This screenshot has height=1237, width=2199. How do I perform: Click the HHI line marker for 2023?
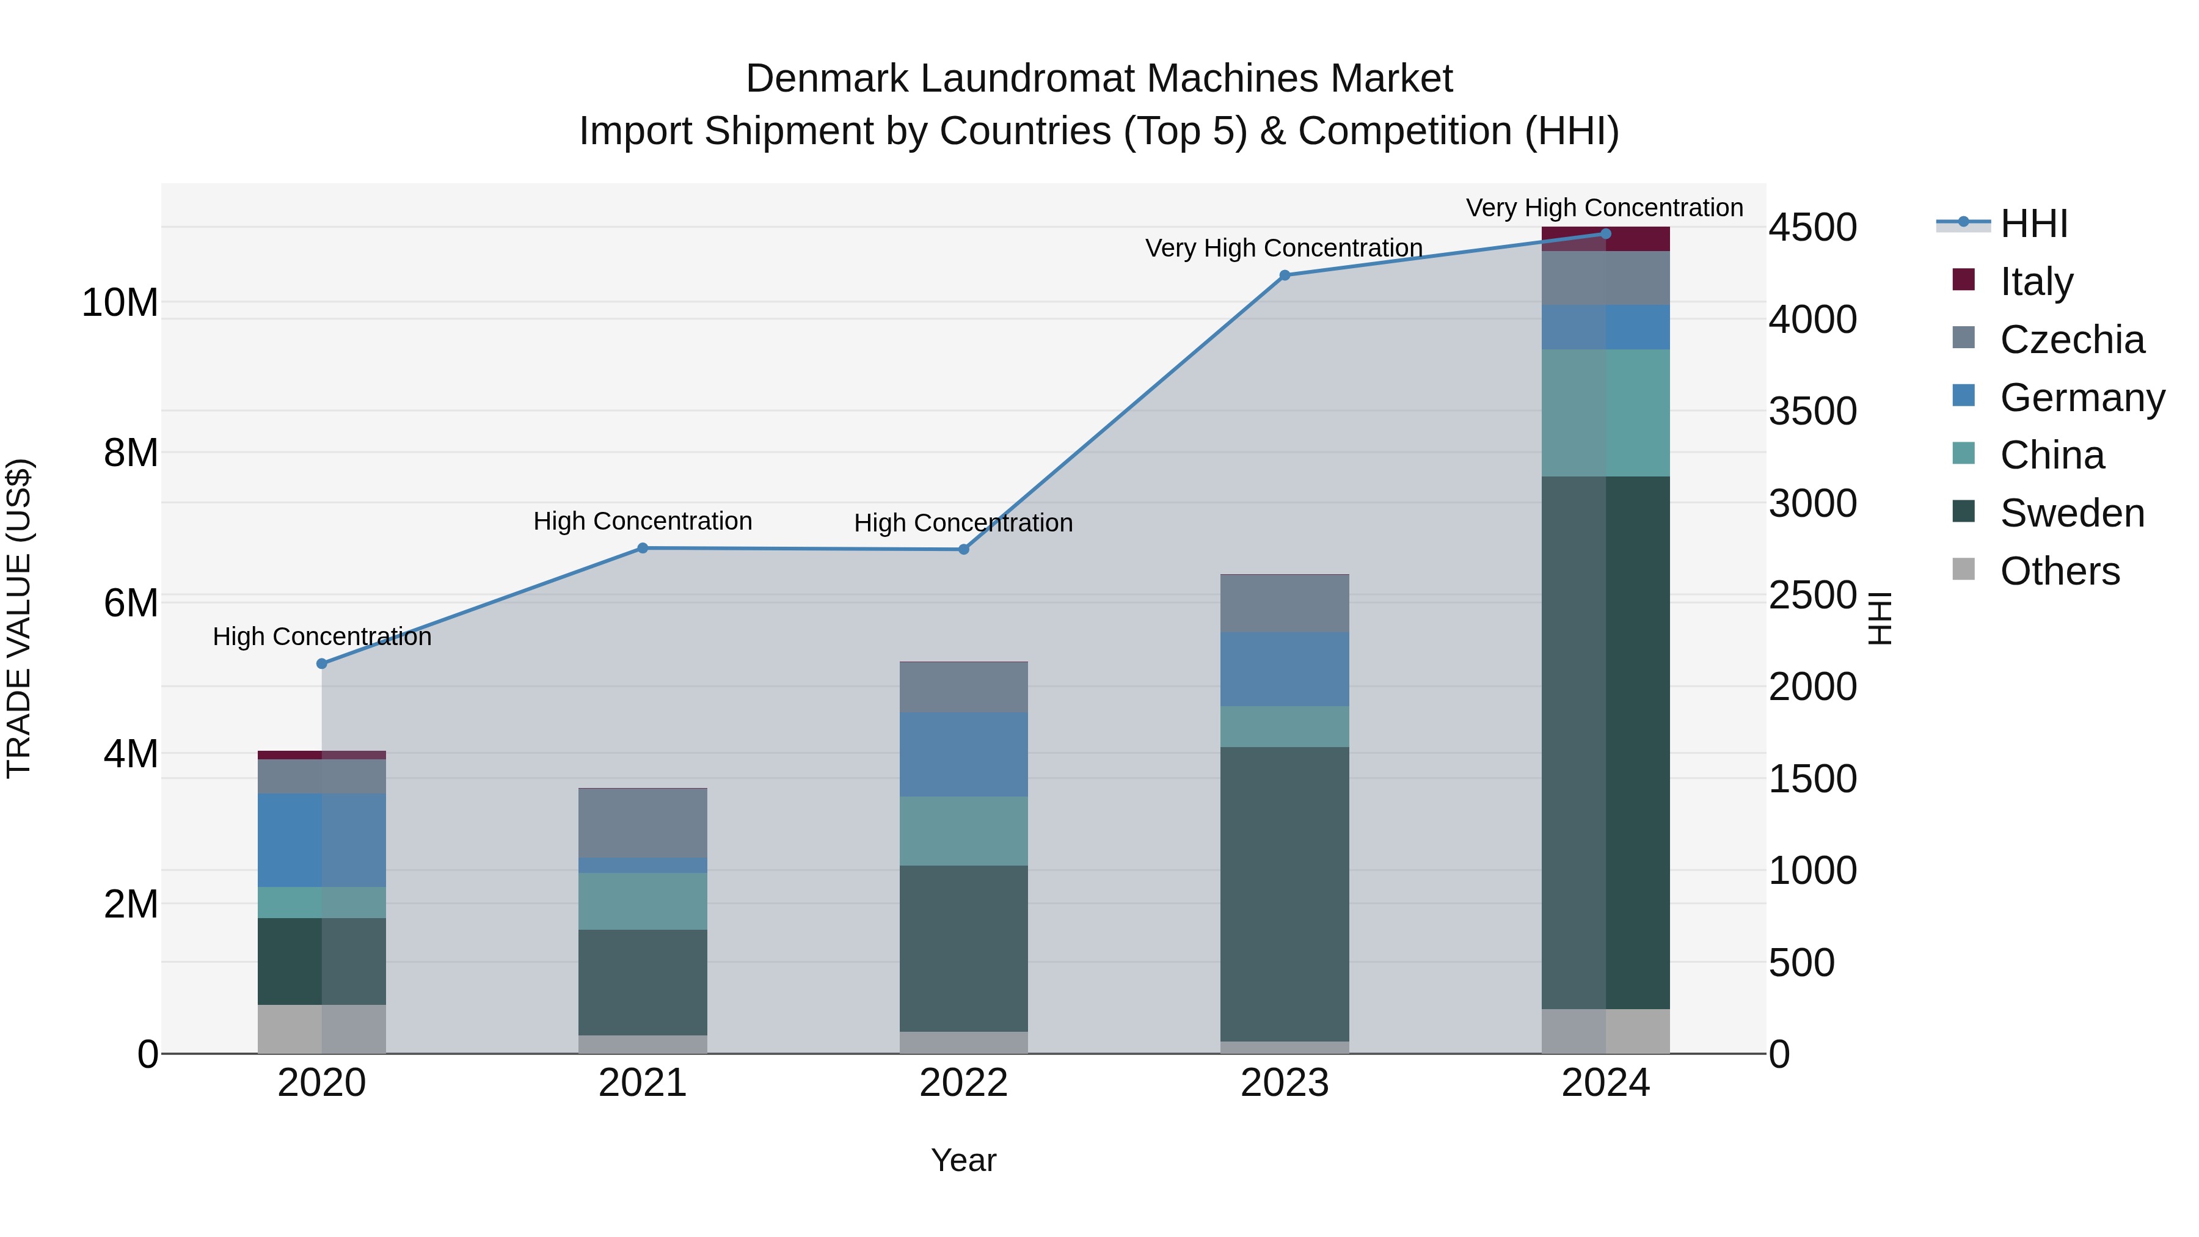(x=1285, y=275)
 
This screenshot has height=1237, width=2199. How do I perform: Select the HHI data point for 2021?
(x=643, y=548)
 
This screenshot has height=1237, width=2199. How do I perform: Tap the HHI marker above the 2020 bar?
(x=322, y=663)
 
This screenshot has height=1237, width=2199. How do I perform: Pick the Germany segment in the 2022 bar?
(x=964, y=754)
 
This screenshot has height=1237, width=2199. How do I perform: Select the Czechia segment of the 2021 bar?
(x=643, y=823)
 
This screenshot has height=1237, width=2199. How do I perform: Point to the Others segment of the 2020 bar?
(x=322, y=1029)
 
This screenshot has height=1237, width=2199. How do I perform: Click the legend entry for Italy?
(x=2036, y=282)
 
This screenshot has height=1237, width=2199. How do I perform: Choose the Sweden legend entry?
(x=2072, y=513)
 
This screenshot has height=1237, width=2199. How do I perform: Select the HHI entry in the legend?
(x=2033, y=224)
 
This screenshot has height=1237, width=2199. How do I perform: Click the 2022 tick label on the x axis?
(x=964, y=1083)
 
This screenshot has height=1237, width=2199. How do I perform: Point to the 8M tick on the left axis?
(x=131, y=453)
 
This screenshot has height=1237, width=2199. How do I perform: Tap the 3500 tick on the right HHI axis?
(x=1812, y=412)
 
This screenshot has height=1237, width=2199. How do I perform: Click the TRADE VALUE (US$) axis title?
(x=20, y=618)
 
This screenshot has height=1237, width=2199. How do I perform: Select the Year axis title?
(x=964, y=1160)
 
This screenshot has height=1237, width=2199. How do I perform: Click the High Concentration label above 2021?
(x=643, y=520)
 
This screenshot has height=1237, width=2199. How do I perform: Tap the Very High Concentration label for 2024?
(x=1604, y=208)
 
